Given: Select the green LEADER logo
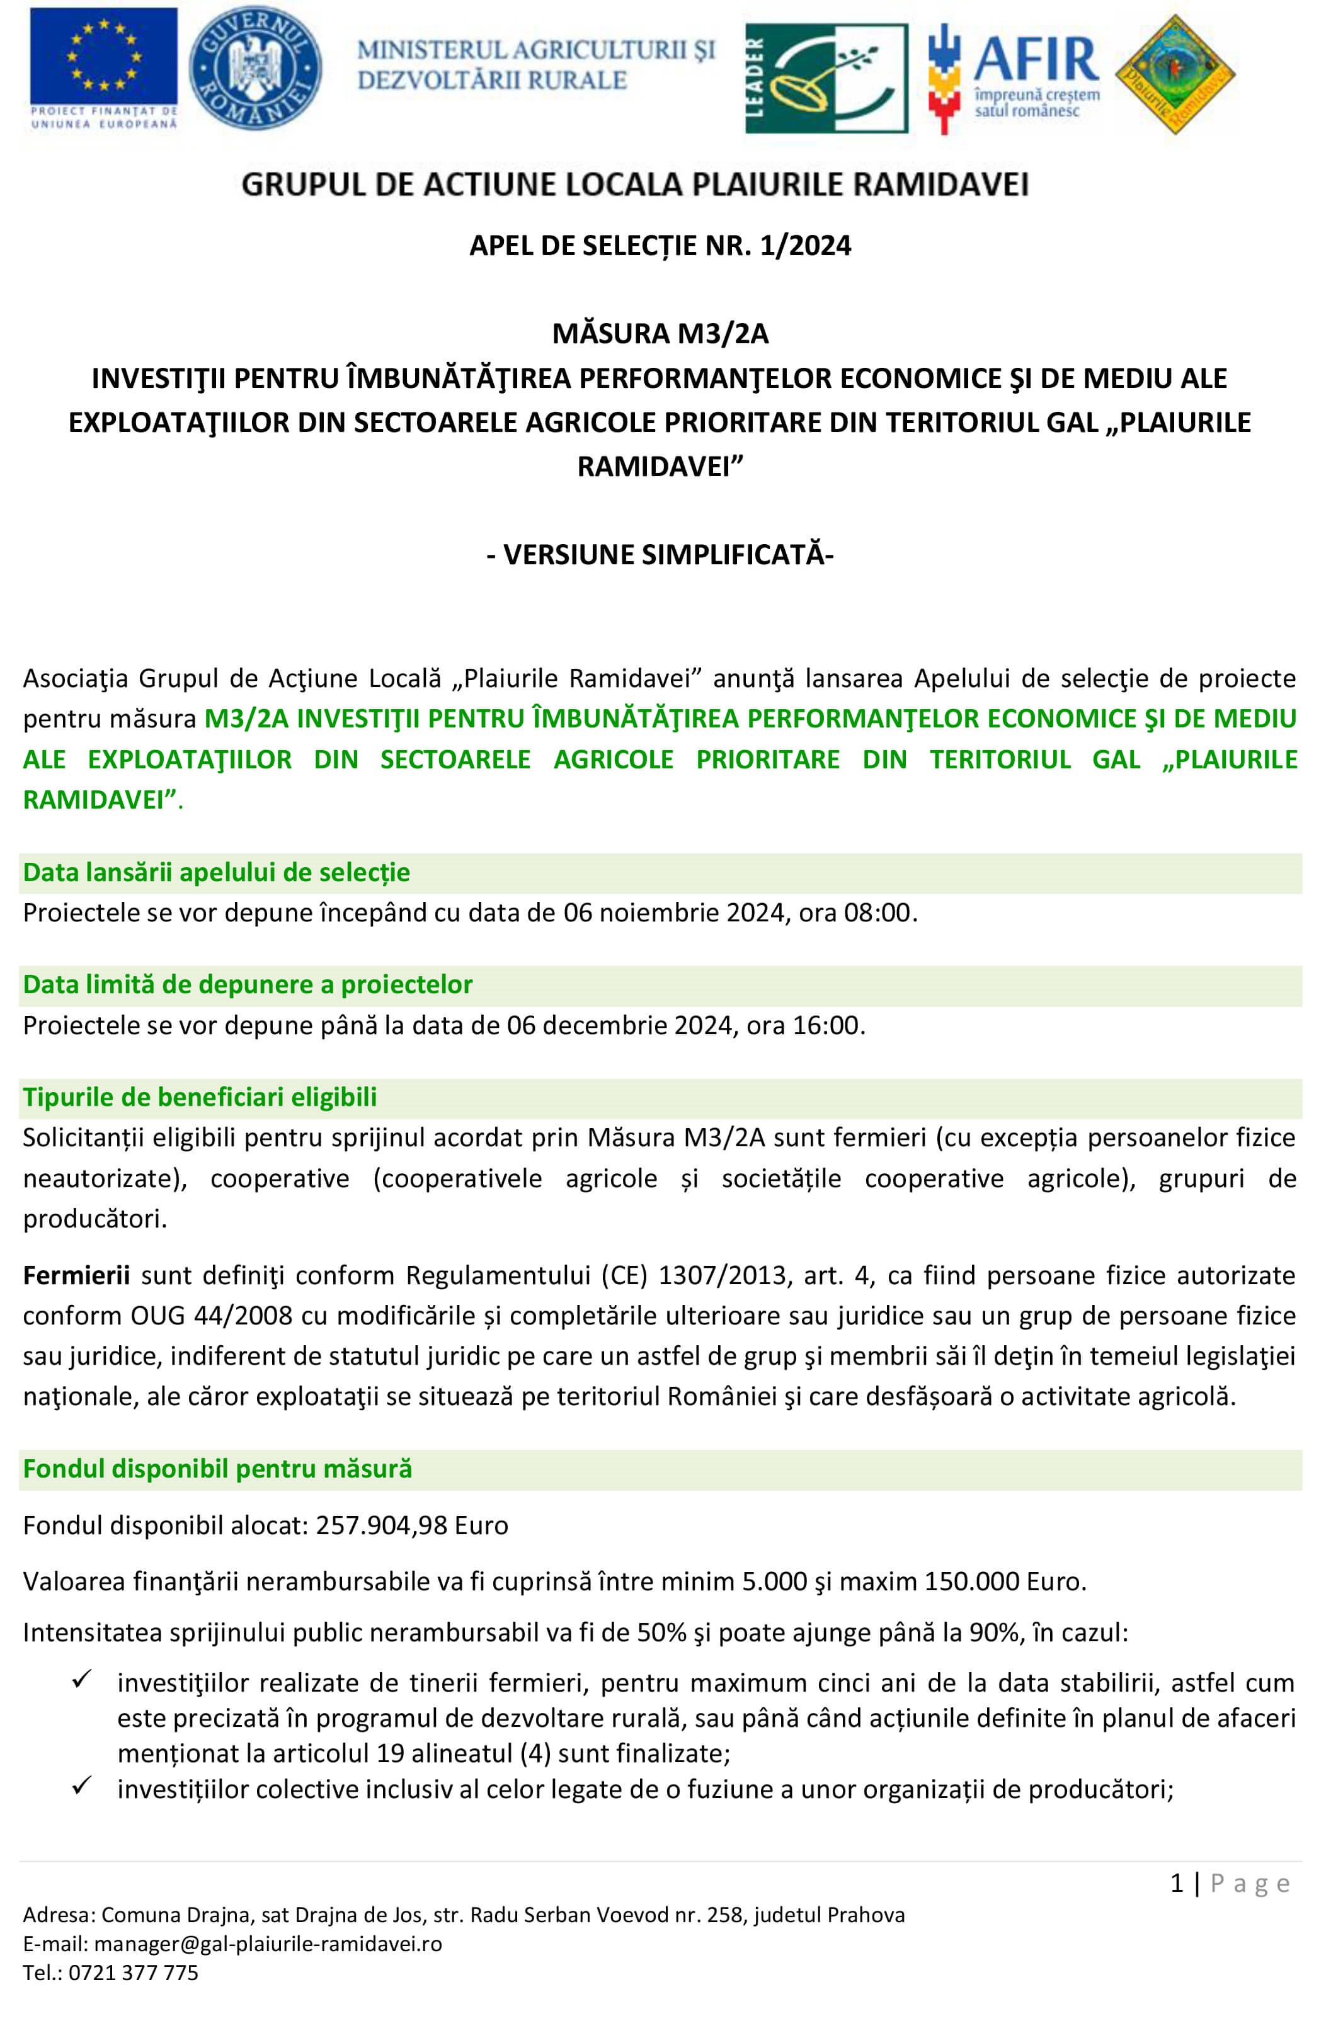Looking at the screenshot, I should [826, 78].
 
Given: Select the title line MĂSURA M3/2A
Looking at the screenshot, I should [660, 333].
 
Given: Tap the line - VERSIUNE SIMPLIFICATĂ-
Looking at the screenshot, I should [660, 555].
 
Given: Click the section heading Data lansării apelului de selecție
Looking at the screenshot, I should [217, 873].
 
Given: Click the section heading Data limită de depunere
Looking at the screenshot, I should [248, 985].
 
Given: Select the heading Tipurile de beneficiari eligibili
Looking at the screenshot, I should [200, 1097].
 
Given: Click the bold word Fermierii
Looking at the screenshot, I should [76, 1276].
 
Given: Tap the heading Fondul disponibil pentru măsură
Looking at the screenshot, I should [217, 1469].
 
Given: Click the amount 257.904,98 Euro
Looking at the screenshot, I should [412, 1525].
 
